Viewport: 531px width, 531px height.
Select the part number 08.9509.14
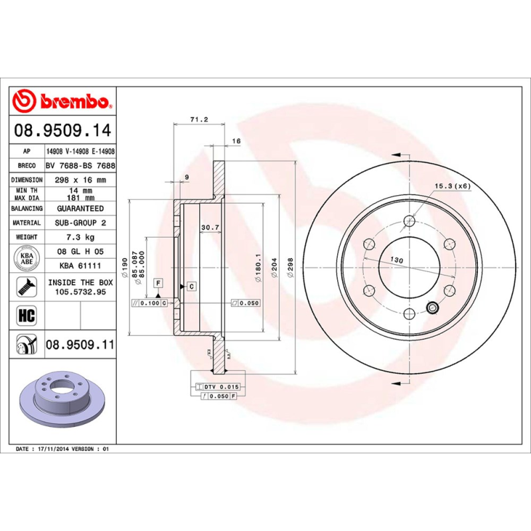click(x=64, y=130)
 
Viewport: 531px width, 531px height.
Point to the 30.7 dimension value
click(x=210, y=228)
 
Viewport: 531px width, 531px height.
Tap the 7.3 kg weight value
click(x=80, y=237)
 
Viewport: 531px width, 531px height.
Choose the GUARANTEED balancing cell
click(x=80, y=208)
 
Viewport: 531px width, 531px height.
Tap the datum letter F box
click(x=158, y=283)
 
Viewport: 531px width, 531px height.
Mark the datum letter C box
click(x=191, y=286)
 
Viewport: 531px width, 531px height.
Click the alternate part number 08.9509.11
click(x=80, y=345)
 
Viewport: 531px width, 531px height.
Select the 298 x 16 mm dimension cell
click(x=80, y=180)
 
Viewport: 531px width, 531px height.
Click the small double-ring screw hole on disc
click(x=433, y=307)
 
